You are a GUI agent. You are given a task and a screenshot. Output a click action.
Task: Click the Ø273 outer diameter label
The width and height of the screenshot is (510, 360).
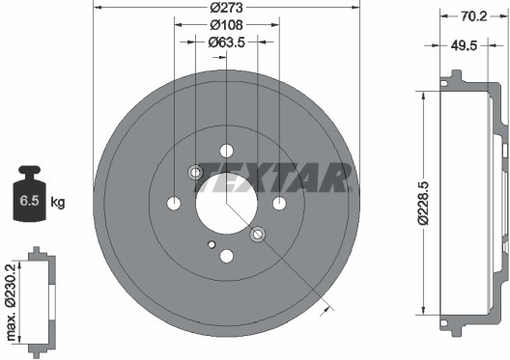pyautogui.click(x=226, y=7)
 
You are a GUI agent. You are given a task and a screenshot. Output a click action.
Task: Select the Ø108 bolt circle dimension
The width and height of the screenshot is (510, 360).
pyautogui.click(x=226, y=25)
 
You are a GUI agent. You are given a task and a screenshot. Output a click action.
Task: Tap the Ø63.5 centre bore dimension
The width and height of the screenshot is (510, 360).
pyautogui.click(x=226, y=42)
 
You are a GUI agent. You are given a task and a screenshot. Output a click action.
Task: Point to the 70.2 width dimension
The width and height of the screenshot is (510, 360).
pyautogui.click(x=473, y=15)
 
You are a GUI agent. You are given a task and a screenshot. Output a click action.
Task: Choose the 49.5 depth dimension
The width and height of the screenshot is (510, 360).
pyautogui.click(x=464, y=45)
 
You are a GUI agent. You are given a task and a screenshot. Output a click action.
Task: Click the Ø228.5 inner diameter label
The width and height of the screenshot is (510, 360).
pyautogui.click(x=423, y=204)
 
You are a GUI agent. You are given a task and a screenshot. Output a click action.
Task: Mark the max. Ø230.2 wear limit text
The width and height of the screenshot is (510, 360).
pyautogui.click(x=11, y=302)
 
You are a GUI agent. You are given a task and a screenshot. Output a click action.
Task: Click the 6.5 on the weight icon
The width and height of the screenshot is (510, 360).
pyautogui.click(x=29, y=201)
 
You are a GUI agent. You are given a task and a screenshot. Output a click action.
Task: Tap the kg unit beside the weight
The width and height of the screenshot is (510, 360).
pyautogui.click(x=58, y=202)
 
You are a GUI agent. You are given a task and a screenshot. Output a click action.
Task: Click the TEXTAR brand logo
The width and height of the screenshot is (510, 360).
pyautogui.click(x=272, y=178)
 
